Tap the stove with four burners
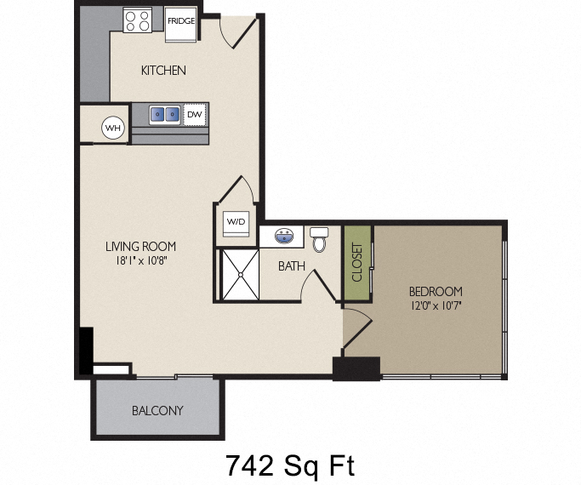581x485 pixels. [x=138, y=20]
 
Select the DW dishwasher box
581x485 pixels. [x=195, y=113]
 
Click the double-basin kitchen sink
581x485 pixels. [x=165, y=113]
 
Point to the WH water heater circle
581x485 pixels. [x=112, y=128]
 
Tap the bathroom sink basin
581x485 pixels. [x=284, y=234]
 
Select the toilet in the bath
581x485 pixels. [x=320, y=239]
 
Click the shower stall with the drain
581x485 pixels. [x=239, y=274]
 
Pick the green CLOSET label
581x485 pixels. [x=357, y=262]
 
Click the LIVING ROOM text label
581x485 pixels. [x=141, y=247]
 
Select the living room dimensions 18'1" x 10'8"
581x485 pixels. [x=141, y=261]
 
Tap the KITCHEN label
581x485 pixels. [x=163, y=70]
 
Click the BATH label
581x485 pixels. [x=292, y=266]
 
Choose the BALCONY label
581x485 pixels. [x=157, y=411]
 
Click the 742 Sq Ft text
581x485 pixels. [x=289, y=465]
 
